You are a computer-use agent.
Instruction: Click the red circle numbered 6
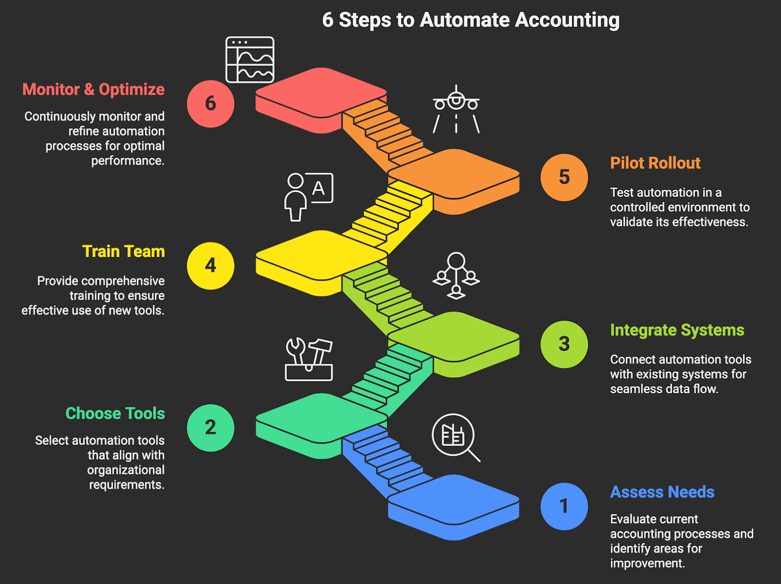[210, 103]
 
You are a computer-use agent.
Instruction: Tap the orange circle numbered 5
[564, 177]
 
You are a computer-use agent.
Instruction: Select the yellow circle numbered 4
[210, 265]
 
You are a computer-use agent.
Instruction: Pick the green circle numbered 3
[564, 344]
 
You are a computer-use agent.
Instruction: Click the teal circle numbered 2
[210, 427]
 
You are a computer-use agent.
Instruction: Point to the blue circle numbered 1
[564, 506]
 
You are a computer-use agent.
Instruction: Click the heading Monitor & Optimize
[93, 89]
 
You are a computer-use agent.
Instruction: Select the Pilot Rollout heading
[655, 163]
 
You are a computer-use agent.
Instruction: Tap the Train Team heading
[123, 251]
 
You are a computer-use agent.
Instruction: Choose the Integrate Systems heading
[677, 330]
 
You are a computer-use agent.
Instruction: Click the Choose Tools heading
[115, 413]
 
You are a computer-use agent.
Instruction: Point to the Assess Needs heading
[662, 492]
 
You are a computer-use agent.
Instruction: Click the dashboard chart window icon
[250, 60]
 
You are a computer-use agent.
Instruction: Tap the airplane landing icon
[456, 109]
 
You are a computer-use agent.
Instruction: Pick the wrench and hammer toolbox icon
[308, 359]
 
